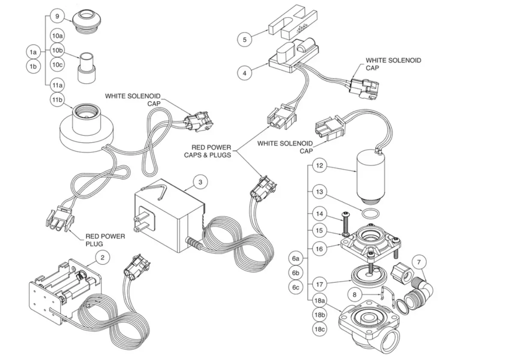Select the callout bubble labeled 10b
click(x=58, y=50)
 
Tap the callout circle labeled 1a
click(x=33, y=52)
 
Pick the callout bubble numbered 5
click(x=244, y=40)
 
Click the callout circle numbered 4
click(x=244, y=73)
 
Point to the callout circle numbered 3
click(x=200, y=182)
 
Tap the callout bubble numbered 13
click(x=319, y=192)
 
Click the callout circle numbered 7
click(x=419, y=261)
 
